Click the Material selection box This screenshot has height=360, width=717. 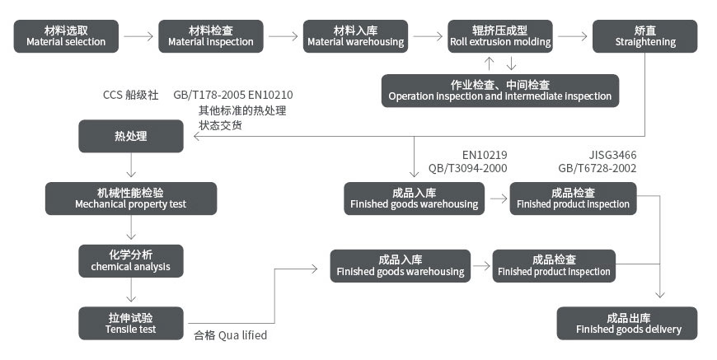click(x=66, y=36)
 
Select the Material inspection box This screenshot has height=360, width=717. click(x=210, y=36)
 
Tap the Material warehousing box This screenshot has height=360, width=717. click(x=355, y=36)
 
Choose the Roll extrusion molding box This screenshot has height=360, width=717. click(x=500, y=36)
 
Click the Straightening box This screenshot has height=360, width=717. click(x=645, y=36)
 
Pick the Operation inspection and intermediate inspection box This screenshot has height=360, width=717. click(x=500, y=90)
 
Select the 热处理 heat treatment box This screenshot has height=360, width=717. click(x=130, y=136)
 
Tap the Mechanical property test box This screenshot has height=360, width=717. click(x=130, y=198)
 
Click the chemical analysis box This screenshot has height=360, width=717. click(x=130, y=260)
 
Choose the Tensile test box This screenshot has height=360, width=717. click(x=130, y=323)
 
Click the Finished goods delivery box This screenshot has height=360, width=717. click(x=627, y=323)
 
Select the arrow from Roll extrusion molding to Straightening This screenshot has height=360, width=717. click(x=573, y=36)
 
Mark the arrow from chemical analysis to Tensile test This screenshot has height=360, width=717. click(x=130, y=292)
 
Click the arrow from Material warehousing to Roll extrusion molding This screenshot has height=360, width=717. click(x=428, y=36)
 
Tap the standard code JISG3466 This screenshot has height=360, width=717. click(x=612, y=155)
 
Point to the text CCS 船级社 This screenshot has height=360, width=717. click(x=130, y=95)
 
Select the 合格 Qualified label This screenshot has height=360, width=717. click(x=231, y=335)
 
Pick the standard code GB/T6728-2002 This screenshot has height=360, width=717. click(x=597, y=168)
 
